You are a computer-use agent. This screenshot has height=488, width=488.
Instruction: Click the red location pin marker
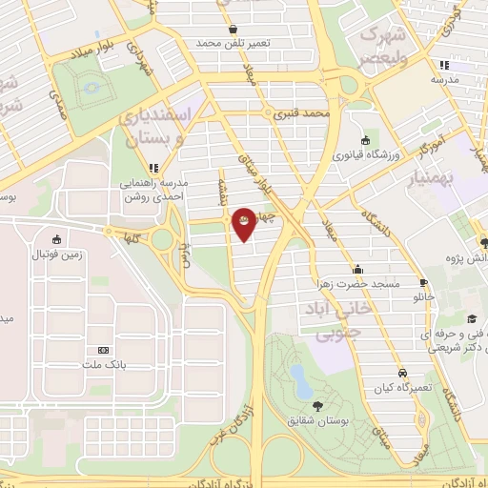pyautogui.click(x=244, y=223)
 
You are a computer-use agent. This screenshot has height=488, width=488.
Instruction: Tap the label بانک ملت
pyautogui.click(x=96, y=366)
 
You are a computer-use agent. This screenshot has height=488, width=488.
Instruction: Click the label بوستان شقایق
pyautogui.click(x=316, y=420)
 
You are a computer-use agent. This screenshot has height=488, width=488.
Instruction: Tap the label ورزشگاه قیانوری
pyautogui.click(x=364, y=153)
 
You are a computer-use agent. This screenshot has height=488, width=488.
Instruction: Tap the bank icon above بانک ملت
pyautogui.click(x=96, y=351)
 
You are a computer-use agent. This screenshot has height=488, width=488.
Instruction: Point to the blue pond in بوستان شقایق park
pyautogui.click(x=301, y=378)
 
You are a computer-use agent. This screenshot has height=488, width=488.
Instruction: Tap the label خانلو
pyautogui.click(x=423, y=297)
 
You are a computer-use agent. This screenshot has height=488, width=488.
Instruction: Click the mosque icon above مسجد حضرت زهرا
pyautogui.click(x=357, y=270)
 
